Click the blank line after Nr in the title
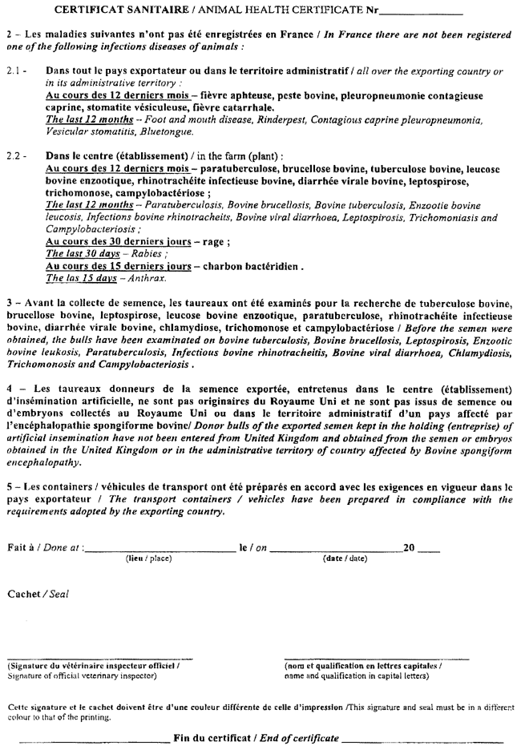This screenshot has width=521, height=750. point(422,12)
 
